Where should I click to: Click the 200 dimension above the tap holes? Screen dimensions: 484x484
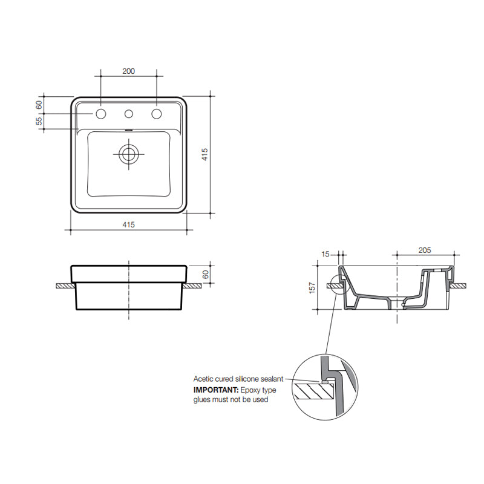pos(128,71)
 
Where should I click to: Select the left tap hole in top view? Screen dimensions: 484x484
pos(100,114)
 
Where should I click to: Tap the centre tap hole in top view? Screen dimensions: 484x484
pos(128,114)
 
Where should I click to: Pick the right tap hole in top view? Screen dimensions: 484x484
pos(157,114)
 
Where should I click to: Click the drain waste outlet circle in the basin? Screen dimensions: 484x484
pos(128,154)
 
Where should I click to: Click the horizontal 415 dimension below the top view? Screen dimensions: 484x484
pos(128,224)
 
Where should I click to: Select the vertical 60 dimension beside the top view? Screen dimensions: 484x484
pos(39,104)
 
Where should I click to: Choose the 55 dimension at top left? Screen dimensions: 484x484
pos(39,121)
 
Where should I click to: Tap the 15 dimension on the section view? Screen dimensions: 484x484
pos(327,255)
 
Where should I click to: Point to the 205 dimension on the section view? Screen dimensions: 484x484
pos(425,250)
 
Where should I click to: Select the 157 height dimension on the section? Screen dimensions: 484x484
pos(312,287)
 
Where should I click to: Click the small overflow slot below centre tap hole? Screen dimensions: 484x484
pos(128,129)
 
